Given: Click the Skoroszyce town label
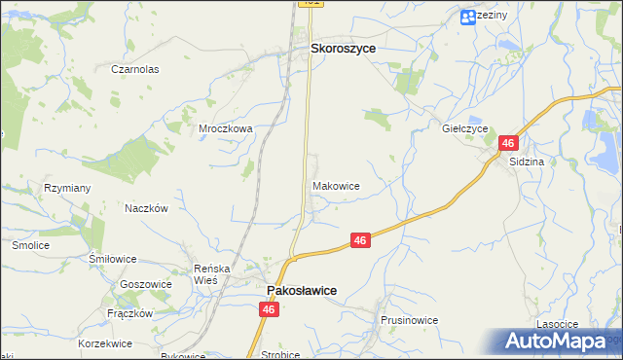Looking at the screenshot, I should point(343,47).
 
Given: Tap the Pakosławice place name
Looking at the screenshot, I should point(302,290).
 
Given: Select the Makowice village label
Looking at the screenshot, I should point(337,185).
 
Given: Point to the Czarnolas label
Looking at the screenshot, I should point(134,70).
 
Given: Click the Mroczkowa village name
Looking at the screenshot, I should point(226,127).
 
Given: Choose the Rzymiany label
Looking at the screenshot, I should point(67,188).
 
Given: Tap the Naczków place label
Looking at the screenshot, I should point(147,208).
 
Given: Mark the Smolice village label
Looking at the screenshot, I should point(30,246).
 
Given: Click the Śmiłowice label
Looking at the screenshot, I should point(112,260).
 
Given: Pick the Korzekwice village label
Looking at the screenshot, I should point(105,343).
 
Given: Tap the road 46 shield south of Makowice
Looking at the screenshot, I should point(360,240).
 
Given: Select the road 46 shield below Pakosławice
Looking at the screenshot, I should point(269,309).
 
